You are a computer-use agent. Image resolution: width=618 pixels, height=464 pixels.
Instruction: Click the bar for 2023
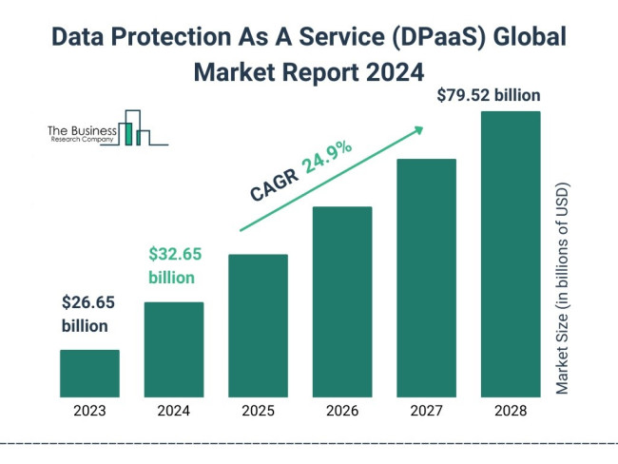coord(89,373)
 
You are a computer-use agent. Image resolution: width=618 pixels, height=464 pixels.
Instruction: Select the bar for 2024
coord(174,349)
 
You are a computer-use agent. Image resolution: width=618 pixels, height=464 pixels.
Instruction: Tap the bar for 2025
coord(258,325)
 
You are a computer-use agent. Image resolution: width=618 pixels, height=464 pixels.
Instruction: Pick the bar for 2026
coord(342,301)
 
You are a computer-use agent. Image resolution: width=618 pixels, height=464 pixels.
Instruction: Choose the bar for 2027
coord(426,278)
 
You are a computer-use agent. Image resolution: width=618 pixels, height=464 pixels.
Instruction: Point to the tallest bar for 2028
coord(511,254)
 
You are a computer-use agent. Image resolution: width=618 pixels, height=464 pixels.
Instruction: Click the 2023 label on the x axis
coord(89,411)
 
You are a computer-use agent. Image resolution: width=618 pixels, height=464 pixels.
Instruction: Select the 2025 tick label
coord(258,411)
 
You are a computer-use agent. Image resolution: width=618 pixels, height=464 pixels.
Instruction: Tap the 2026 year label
coord(342,411)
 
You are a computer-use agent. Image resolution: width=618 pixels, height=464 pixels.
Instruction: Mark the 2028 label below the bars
coord(511,411)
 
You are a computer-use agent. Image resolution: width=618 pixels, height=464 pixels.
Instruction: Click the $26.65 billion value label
coord(91,314)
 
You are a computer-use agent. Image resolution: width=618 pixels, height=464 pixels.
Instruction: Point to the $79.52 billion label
coord(489,95)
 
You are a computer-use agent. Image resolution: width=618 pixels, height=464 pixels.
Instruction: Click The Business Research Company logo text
coord(82,134)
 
